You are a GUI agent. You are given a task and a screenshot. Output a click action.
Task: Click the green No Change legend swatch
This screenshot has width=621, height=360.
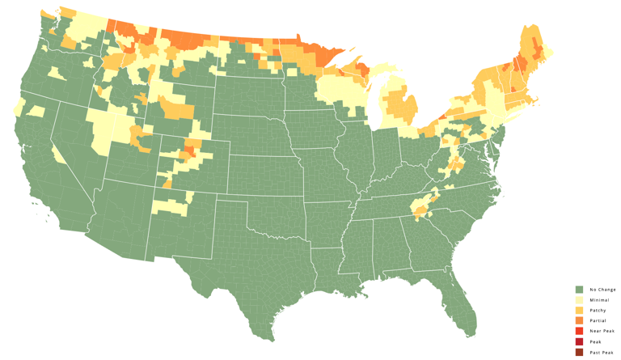coord(579,290)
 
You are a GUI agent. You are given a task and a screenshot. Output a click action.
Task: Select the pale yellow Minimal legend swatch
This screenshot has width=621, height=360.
coord(579,300)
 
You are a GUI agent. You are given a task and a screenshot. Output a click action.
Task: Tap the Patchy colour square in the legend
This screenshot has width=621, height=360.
coord(579,311)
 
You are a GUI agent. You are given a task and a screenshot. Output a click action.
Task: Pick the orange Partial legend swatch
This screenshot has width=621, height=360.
coord(579,321)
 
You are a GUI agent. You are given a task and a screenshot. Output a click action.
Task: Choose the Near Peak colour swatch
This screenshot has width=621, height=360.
coord(579,332)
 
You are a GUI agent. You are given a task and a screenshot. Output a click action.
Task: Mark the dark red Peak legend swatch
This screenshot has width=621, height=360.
coord(579,342)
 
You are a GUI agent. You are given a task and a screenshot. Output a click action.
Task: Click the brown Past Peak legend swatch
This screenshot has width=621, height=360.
coord(579,353)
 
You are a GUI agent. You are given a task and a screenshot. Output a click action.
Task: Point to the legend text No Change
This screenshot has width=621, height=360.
coord(602,290)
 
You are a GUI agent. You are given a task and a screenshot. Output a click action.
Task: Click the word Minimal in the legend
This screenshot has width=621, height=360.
coord(599,300)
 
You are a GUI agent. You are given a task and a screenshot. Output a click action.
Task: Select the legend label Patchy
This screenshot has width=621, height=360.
coord(598,311)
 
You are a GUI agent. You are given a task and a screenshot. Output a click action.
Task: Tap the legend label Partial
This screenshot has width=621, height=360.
coord(598,321)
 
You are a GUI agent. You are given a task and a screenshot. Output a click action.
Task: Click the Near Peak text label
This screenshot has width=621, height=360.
coord(602,332)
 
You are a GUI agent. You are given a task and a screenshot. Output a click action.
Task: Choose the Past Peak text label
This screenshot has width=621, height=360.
coord(602,353)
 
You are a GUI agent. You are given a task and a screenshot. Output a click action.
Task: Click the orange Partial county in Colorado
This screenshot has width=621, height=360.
coord(192,150)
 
